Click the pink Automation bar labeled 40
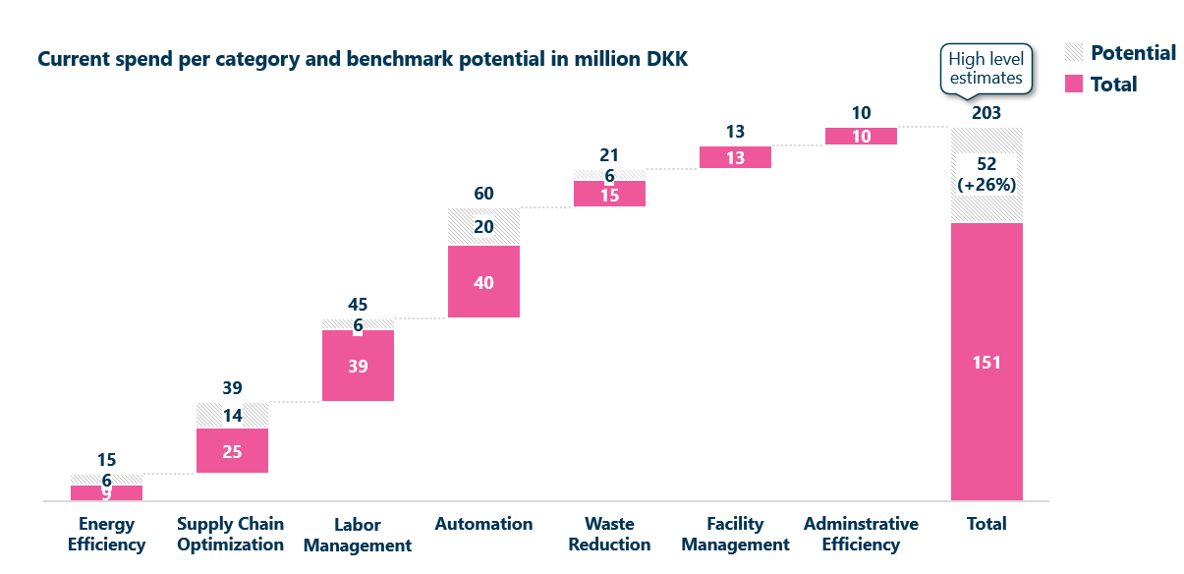[x=483, y=281]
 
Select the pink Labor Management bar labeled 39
[x=358, y=366]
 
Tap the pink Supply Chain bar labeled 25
[x=232, y=451]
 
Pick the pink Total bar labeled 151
[x=987, y=362]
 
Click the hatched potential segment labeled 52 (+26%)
[x=987, y=175]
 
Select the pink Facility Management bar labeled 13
[x=735, y=157]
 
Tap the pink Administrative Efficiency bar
[x=861, y=137]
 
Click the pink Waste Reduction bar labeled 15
[x=609, y=194]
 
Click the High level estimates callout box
[x=986, y=68]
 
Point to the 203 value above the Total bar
[x=986, y=113]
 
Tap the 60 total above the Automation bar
[x=483, y=194]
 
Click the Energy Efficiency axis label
[x=106, y=534]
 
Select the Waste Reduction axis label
[x=609, y=534]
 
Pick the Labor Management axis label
[x=358, y=535]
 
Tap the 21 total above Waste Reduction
[x=609, y=155]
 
